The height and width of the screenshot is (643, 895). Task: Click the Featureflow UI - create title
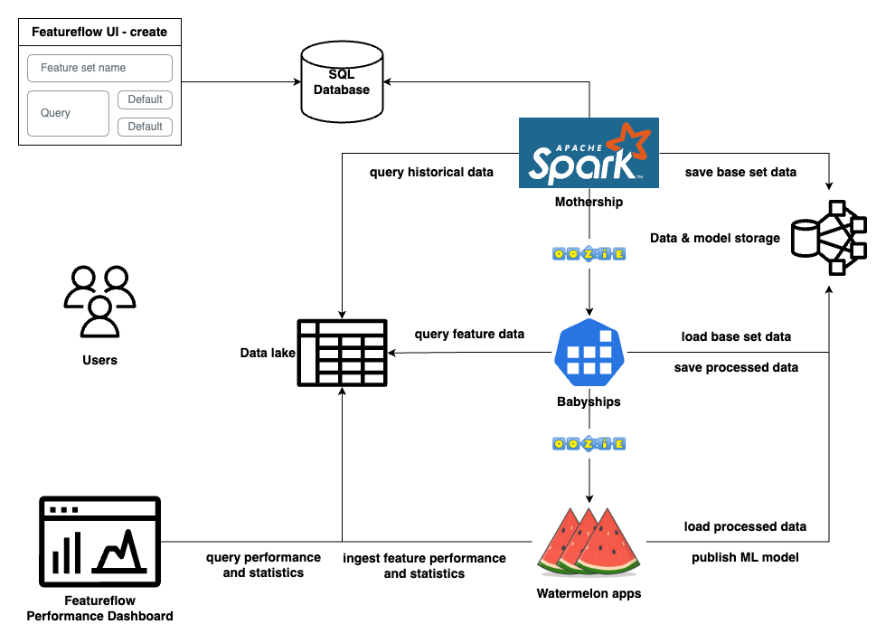point(99,32)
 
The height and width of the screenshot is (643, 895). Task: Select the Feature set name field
point(99,68)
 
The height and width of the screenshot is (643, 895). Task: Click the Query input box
point(68,113)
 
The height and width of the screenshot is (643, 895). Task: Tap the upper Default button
point(145,99)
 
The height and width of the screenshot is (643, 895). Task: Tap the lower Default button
point(145,127)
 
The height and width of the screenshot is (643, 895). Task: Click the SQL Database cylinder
point(342,82)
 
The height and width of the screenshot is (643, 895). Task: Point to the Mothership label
point(589,203)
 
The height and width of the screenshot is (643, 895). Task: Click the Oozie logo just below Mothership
point(589,254)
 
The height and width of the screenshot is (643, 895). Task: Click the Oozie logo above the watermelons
point(589,444)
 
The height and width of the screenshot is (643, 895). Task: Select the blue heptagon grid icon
point(589,353)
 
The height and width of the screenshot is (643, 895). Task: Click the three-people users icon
point(99,301)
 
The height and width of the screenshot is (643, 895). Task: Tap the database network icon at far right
point(828,237)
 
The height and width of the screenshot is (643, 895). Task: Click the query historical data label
point(432,172)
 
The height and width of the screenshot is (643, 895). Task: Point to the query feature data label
point(469,334)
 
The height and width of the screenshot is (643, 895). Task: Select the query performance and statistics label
point(263,565)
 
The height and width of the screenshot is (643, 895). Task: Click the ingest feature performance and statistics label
point(424,566)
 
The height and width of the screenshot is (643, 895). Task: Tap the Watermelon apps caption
point(589,594)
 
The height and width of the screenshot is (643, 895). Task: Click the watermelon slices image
point(589,541)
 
